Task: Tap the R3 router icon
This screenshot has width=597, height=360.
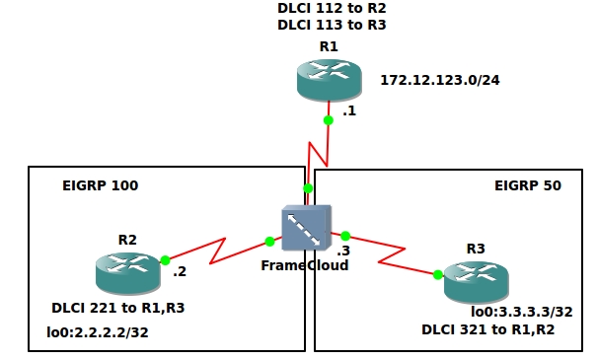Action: point(477,283)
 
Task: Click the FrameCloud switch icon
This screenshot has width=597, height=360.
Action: point(306,230)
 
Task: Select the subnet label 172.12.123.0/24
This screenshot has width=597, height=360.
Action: point(440,80)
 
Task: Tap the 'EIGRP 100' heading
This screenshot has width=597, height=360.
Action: point(100,185)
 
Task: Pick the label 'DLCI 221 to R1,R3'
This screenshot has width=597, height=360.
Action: point(118,308)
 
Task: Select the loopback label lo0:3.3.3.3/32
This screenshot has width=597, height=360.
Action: point(522,311)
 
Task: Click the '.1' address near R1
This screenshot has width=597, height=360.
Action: point(348,112)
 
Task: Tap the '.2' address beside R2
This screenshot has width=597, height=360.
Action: point(180,272)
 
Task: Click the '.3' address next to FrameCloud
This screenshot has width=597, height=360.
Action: point(343,251)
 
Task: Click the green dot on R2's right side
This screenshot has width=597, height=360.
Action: point(165,260)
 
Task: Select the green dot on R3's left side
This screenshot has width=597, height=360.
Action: point(437,275)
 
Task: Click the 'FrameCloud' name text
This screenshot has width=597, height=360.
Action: point(304,265)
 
